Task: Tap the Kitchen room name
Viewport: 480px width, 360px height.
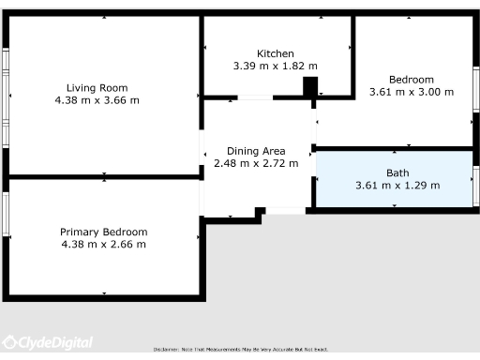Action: click(x=276, y=53)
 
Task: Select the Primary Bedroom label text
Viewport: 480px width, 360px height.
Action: click(x=103, y=232)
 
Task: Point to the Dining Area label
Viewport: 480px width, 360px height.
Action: click(x=256, y=150)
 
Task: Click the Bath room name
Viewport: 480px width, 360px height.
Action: click(x=397, y=172)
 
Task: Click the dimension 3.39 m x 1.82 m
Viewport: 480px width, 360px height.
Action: click(x=276, y=67)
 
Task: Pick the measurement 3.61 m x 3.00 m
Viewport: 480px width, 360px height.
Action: click(x=412, y=92)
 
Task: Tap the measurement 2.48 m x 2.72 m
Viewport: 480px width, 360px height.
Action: click(x=256, y=163)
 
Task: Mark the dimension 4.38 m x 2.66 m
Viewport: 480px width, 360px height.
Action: click(x=103, y=245)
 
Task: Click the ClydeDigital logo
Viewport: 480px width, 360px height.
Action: click(x=47, y=343)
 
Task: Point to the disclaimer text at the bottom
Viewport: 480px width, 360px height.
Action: click(x=240, y=349)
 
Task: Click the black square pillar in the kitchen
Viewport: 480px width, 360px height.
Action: click(x=310, y=86)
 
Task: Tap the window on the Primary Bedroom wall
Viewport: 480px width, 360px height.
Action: click(x=5, y=216)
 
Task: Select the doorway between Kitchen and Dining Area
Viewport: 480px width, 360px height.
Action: click(x=255, y=97)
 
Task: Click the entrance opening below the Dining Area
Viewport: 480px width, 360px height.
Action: click(x=285, y=211)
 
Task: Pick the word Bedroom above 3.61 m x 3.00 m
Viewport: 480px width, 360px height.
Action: click(x=412, y=79)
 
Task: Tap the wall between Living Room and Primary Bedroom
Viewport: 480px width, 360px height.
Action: click(x=103, y=176)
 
